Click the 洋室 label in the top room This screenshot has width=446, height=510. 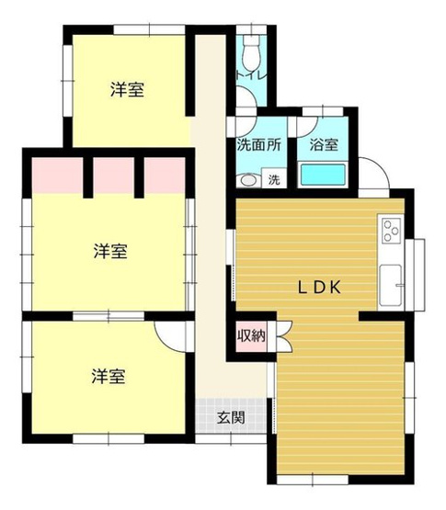pos(130,90)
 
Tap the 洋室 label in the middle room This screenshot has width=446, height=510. pos(109,250)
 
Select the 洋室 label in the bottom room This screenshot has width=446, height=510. pos(108,375)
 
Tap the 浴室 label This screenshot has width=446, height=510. pos(324,145)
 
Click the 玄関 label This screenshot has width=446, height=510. pos(231,417)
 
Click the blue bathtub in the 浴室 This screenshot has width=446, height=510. pos(323,175)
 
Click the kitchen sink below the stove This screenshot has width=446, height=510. pos(391,281)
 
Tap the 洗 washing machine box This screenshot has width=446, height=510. pos(273,180)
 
